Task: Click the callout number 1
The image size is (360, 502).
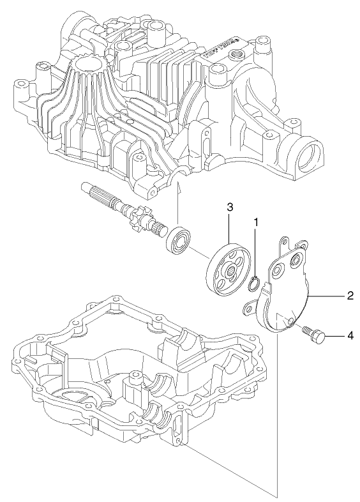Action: coord(256,222)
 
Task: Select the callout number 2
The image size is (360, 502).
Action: coord(350,296)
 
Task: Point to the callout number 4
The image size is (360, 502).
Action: coord(350,335)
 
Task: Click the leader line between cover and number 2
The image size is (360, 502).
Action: coord(326,296)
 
